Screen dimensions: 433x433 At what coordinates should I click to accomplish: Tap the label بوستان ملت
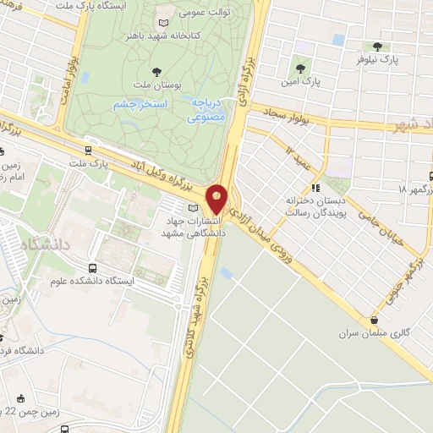[x=154, y=85]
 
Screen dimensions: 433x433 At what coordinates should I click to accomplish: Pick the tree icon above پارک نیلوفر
[x=376, y=47]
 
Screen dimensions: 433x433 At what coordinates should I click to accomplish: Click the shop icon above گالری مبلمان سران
[x=374, y=320]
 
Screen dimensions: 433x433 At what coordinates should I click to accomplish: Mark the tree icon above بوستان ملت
[x=154, y=72]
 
